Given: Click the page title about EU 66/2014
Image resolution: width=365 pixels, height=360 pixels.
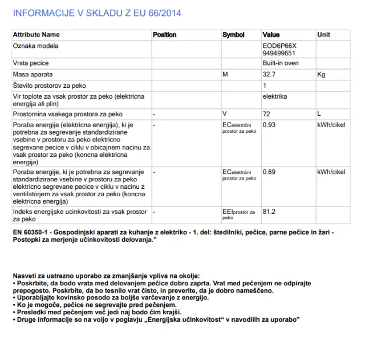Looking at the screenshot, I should click(98, 13).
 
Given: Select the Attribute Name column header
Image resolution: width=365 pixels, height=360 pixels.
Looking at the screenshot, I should click(36, 35).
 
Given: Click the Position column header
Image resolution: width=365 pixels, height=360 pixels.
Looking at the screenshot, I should click(165, 35).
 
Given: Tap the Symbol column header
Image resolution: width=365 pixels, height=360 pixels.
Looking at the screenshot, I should click(233, 35).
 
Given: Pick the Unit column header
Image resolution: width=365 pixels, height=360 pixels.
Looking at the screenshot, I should click(323, 35).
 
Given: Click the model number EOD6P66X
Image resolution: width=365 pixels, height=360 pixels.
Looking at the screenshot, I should click(280, 46).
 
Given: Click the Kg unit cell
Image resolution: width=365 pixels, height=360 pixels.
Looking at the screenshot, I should click(321, 74).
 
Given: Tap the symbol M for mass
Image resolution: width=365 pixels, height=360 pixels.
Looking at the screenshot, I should click(225, 74).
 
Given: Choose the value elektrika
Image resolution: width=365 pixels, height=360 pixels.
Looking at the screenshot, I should click(275, 96).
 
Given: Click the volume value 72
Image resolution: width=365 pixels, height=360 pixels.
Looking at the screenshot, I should click(266, 114).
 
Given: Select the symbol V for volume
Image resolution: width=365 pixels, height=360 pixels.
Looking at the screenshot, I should click(225, 114).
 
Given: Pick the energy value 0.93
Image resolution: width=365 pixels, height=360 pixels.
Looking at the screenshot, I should click(269, 124).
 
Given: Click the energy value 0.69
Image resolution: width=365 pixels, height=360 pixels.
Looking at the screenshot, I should click(269, 172).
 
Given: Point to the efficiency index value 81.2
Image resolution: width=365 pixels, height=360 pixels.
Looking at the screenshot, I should click(269, 212).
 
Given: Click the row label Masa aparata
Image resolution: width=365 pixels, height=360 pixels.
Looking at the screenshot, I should click(33, 74).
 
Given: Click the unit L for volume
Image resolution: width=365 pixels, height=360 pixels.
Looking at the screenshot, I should click(319, 114).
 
